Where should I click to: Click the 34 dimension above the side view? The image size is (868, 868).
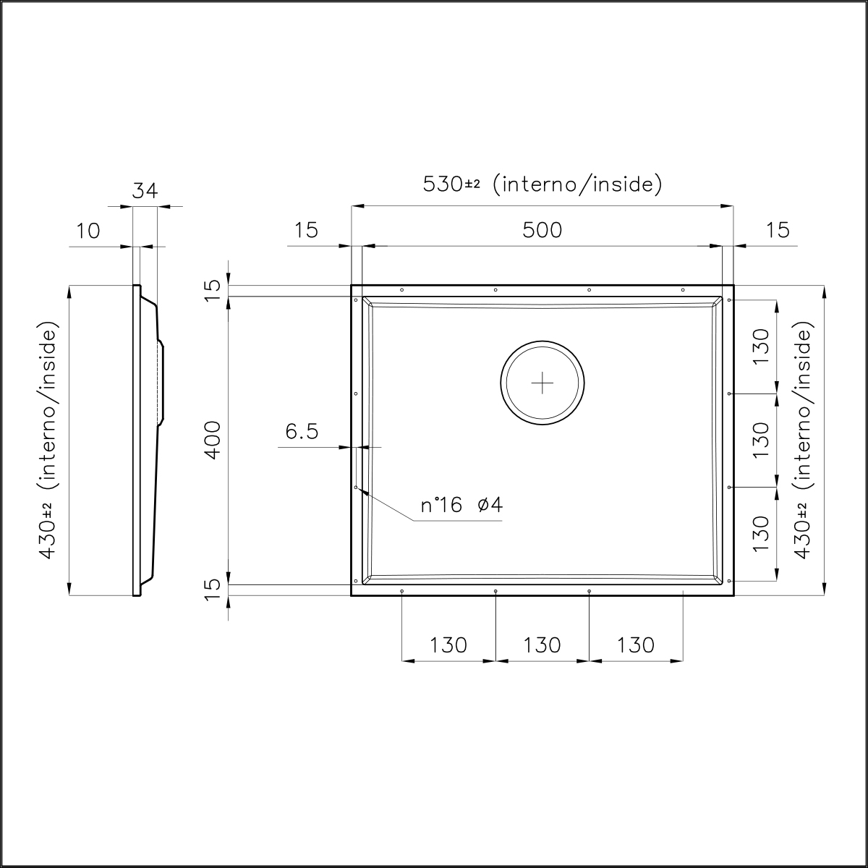[145, 191]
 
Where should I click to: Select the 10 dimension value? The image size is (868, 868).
[88, 231]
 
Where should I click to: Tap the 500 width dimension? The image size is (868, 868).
[542, 230]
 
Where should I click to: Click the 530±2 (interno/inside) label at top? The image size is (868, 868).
[542, 184]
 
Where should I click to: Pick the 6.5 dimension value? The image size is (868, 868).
[302, 432]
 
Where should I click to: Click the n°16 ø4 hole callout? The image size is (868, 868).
[461, 505]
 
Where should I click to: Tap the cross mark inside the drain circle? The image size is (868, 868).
[542, 382]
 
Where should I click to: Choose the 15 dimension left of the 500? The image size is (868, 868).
[306, 230]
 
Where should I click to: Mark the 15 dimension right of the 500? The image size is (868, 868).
[778, 230]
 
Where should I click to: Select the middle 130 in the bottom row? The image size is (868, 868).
[542, 644]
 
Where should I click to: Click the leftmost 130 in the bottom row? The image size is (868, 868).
[448, 644]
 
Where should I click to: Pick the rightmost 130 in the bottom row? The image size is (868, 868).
[636, 644]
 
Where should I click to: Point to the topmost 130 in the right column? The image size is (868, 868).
[760, 347]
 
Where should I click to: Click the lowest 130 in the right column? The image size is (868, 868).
[760, 534]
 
